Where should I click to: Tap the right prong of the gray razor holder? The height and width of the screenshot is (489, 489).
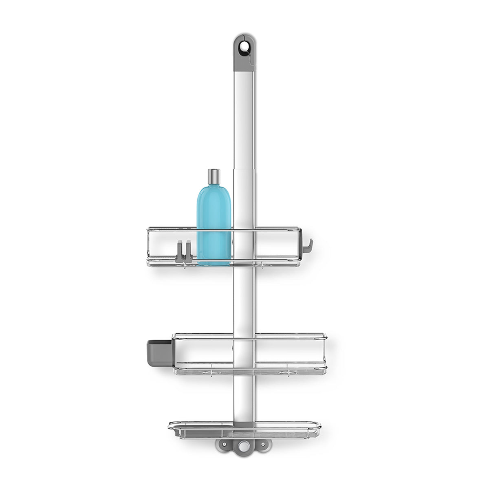pyautogui.click(x=189, y=251)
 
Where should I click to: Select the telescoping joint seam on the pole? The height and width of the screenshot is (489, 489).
pyautogui.click(x=244, y=168)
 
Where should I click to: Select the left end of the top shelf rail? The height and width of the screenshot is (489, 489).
pyautogui.click(x=148, y=244)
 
